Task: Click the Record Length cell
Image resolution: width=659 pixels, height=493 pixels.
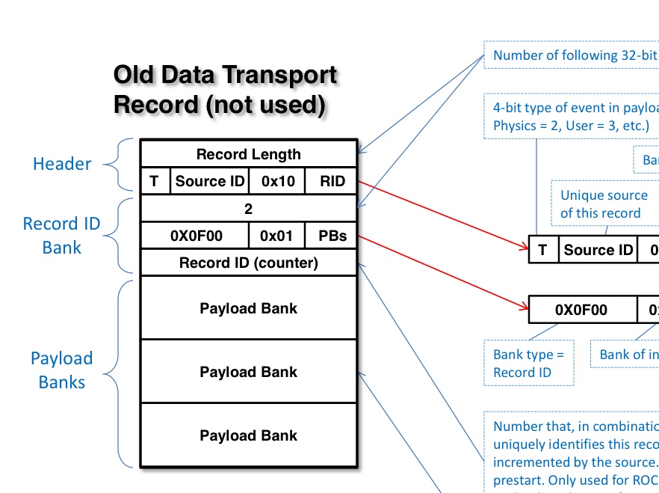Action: (248, 155)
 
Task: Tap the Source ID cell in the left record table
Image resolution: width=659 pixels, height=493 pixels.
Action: (210, 181)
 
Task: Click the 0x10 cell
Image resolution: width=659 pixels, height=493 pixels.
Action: (277, 181)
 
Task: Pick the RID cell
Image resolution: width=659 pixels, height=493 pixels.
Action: (332, 181)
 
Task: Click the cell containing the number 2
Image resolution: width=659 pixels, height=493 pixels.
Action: (248, 209)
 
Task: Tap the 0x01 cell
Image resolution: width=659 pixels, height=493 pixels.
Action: (278, 236)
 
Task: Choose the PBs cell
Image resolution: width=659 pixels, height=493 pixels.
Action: (332, 236)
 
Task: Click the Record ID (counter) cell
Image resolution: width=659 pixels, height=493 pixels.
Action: (248, 263)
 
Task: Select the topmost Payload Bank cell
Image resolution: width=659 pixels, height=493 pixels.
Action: (248, 308)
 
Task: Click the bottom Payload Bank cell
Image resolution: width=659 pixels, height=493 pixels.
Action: (248, 435)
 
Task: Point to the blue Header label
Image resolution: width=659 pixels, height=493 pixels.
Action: (62, 164)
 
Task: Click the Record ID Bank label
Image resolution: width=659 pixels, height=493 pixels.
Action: (61, 236)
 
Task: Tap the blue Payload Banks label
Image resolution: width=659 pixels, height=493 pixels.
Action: (61, 370)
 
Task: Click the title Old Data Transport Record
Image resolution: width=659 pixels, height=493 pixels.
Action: (225, 91)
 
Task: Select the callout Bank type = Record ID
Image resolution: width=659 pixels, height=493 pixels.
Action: (529, 364)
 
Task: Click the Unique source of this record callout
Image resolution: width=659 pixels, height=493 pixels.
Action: (604, 204)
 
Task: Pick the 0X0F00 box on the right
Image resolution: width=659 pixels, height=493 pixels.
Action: (581, 310)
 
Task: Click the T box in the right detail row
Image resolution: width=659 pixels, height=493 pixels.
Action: (542, 250)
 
